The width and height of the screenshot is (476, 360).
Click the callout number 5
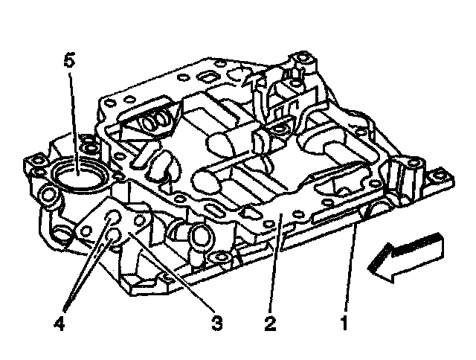[x=69, y=60]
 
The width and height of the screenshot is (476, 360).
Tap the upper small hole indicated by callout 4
[x=113, y=218]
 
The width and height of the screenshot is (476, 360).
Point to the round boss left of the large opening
[x=48, y=196]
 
